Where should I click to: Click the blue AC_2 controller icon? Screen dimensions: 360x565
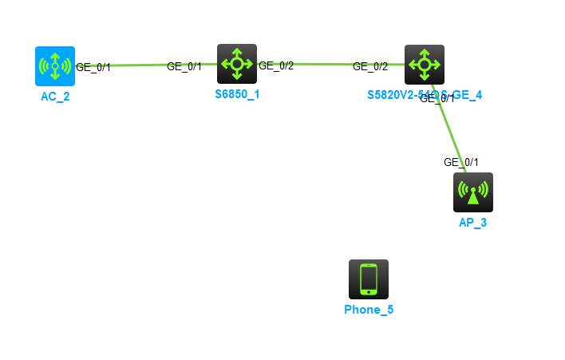point(55,65)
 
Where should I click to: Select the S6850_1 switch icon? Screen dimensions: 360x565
point(237,64)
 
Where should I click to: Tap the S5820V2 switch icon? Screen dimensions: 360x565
point(425,65)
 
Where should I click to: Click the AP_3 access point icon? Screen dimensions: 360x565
point(473,192)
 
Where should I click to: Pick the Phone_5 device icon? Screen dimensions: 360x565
point(369,279)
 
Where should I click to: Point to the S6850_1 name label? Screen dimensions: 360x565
point(237,94)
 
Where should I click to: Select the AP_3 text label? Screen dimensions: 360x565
point(473,223)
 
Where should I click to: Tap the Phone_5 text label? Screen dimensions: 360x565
point(369,310)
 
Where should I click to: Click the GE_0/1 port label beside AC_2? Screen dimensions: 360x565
point(93,67)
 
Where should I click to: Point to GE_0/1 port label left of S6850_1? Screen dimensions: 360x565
point(184,66)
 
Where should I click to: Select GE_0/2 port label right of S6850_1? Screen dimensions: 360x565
point(276,65)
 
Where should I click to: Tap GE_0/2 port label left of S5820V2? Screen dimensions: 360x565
point(370,66)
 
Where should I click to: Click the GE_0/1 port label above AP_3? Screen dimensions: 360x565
point(461,162)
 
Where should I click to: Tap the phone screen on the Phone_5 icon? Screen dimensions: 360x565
point(369,279)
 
